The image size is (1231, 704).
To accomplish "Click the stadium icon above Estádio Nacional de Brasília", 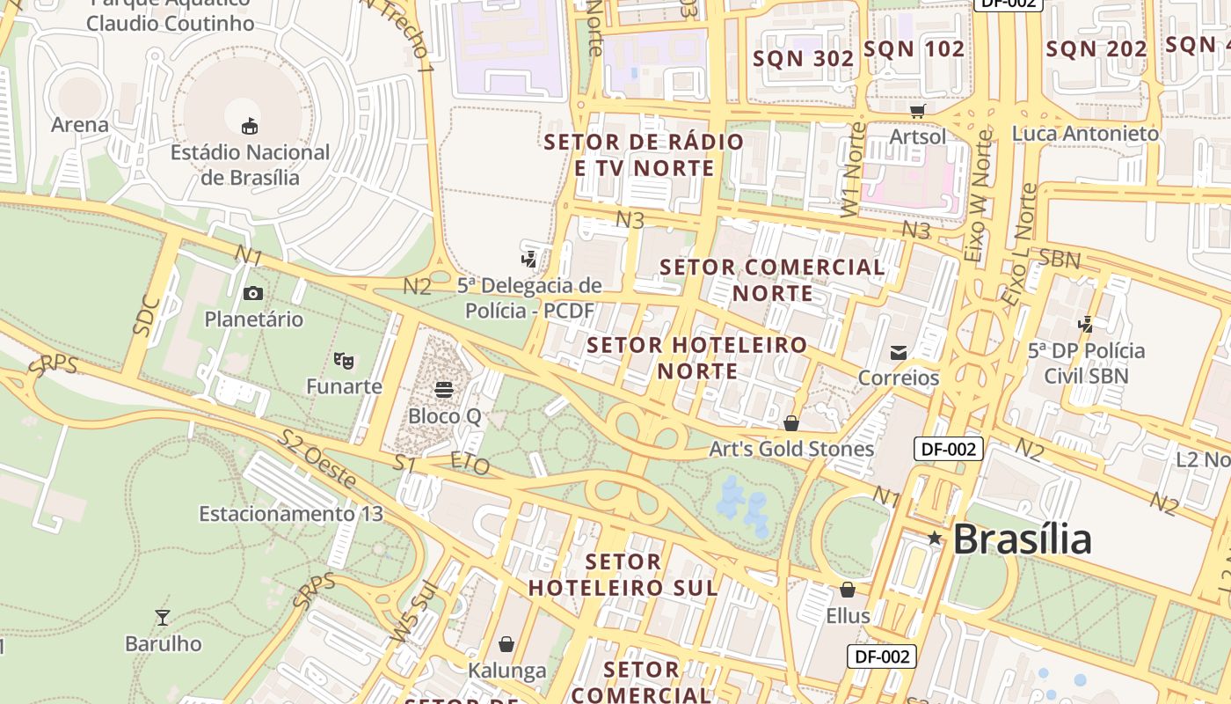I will click(x=251, y=126).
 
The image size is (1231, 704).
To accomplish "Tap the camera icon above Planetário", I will click(x=253, y=293).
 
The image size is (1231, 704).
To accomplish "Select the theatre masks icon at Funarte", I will click(x=344, y=360).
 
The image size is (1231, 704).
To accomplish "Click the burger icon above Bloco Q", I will click(x=444, y=388).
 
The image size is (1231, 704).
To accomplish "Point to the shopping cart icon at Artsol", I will click(x=918, y=111).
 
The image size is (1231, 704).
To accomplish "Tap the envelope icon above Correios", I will click(x=899, y=352).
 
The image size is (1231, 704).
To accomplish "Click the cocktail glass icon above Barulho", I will click(x=163, y=617).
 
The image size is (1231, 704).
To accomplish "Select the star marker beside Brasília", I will click(x=934, y=538).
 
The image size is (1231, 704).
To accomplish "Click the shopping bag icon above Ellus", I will click(x=848, y=590).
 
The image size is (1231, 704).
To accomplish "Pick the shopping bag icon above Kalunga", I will click(x=506, y=644).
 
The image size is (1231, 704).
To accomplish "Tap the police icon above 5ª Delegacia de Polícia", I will click(x=528, y=259).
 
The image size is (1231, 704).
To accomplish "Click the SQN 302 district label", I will click(x=804, y=59).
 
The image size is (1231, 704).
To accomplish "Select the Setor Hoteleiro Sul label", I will click(x=623, y=575).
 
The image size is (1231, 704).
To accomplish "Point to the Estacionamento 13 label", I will click(x=291, y=513).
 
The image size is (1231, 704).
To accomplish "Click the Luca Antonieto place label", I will click(x=1085, y=134).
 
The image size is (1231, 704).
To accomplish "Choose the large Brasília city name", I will click(x=1022, y=539).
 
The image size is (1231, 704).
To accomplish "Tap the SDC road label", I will click(x=147, y=316).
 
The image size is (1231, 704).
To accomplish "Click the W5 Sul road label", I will click(x=414, y=612).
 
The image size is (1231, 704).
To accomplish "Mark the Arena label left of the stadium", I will click(x=80, y=125).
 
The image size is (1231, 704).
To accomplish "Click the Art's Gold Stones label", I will click(x=791, y=449).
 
